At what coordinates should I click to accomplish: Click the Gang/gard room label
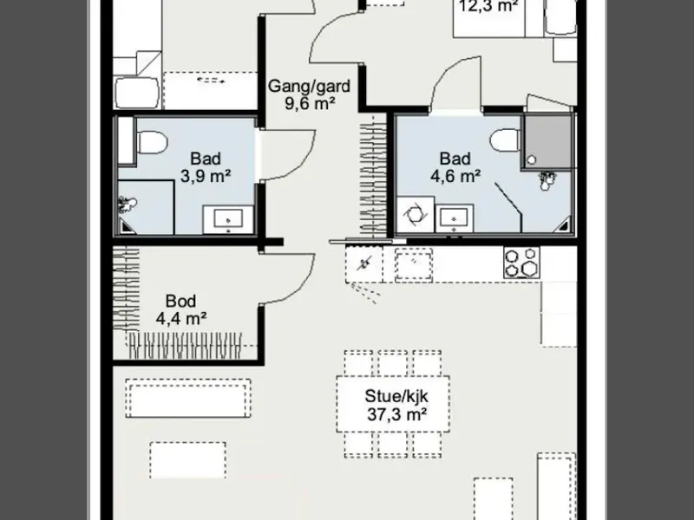pos(309,86)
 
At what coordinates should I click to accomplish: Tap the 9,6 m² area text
pos(310,104)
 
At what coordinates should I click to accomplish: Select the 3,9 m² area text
pos(206,176)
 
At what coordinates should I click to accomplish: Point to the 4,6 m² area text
pos(455,176)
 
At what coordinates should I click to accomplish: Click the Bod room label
pos(180,301)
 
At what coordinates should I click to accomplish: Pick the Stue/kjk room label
pos(396,396)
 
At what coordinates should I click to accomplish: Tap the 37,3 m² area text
pos(396,415)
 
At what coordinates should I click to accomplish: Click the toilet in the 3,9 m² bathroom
pos(151,142)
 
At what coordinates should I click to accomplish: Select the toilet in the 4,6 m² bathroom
pos(505,140)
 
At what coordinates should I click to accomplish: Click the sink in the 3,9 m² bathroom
pos(228,219)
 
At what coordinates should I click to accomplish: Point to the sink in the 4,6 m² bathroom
pos(454,218)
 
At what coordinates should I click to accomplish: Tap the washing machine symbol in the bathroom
pos(416,215)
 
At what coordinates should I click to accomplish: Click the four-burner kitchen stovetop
pos(521,263)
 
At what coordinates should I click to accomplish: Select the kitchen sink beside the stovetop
pos(414,264)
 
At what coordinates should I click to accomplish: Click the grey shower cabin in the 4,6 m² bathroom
pos(547,141)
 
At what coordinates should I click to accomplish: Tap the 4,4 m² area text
pos(181,318)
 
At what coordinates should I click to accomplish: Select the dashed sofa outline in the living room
pos(188,398)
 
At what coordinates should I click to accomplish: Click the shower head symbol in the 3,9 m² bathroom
pos(126,205)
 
